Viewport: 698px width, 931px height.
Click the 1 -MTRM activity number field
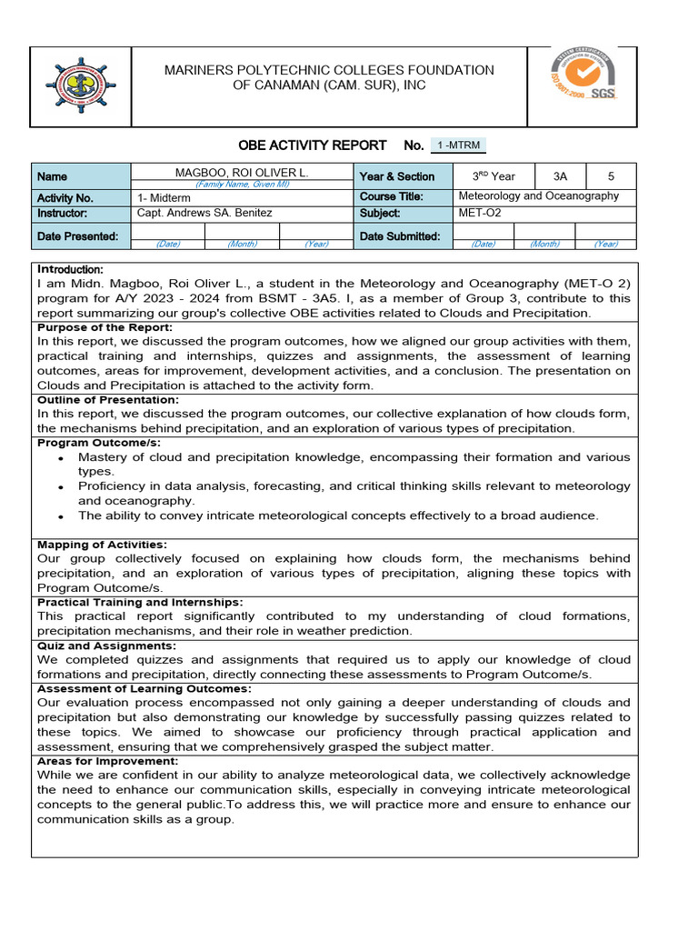point(458,145)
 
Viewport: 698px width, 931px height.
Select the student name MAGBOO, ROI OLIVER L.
point(242,172)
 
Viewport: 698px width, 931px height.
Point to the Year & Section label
point(397,176)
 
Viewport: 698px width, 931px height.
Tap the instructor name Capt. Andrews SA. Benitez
point(204,214)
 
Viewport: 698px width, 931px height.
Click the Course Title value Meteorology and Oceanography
point(538,196)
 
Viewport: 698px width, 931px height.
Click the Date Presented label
point(77,236)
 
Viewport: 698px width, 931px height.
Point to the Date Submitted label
point(400,236)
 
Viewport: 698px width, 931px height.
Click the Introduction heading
point(71,270)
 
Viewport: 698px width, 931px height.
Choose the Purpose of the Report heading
point(105,327)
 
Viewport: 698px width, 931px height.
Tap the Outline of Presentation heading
point(108,400)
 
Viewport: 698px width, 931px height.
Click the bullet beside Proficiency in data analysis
point(60,487)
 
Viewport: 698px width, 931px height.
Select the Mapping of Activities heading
point(102,545)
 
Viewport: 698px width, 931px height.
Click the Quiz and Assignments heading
point(106,646)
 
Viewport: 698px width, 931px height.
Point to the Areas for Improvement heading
point(107,761)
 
